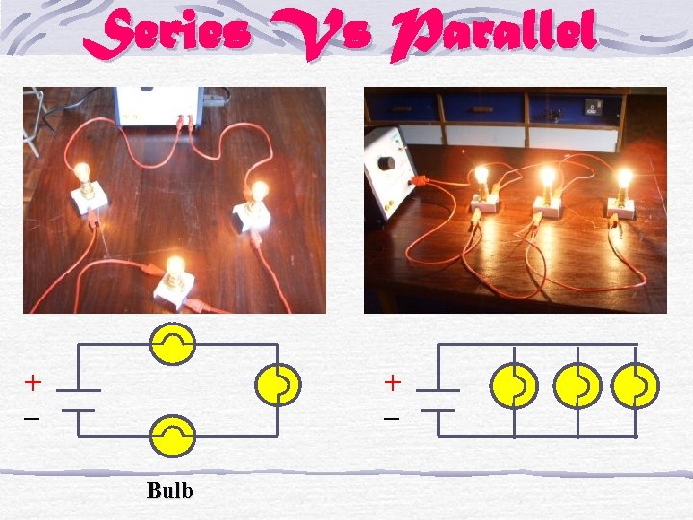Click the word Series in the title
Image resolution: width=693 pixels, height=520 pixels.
167,34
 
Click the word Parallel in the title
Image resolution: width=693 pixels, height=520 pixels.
490,36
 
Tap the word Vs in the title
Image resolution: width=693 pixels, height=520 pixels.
314,37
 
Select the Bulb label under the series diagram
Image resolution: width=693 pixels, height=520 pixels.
170,491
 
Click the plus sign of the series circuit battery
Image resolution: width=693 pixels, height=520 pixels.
33,382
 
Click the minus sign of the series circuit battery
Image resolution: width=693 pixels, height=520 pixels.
33,420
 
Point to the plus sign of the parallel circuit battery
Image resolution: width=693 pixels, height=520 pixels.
393,382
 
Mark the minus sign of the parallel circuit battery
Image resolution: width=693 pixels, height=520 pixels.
393,420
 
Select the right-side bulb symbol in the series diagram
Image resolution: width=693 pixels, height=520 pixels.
277,385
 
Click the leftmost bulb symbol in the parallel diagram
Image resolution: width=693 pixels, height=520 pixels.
513,385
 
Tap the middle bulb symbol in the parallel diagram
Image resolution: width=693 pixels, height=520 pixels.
577,385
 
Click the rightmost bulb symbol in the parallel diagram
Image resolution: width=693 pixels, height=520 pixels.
636,385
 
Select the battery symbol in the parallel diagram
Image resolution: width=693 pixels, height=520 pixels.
438,400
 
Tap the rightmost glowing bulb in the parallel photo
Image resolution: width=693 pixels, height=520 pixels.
624,178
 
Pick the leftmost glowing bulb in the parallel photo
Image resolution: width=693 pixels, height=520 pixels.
481,176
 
